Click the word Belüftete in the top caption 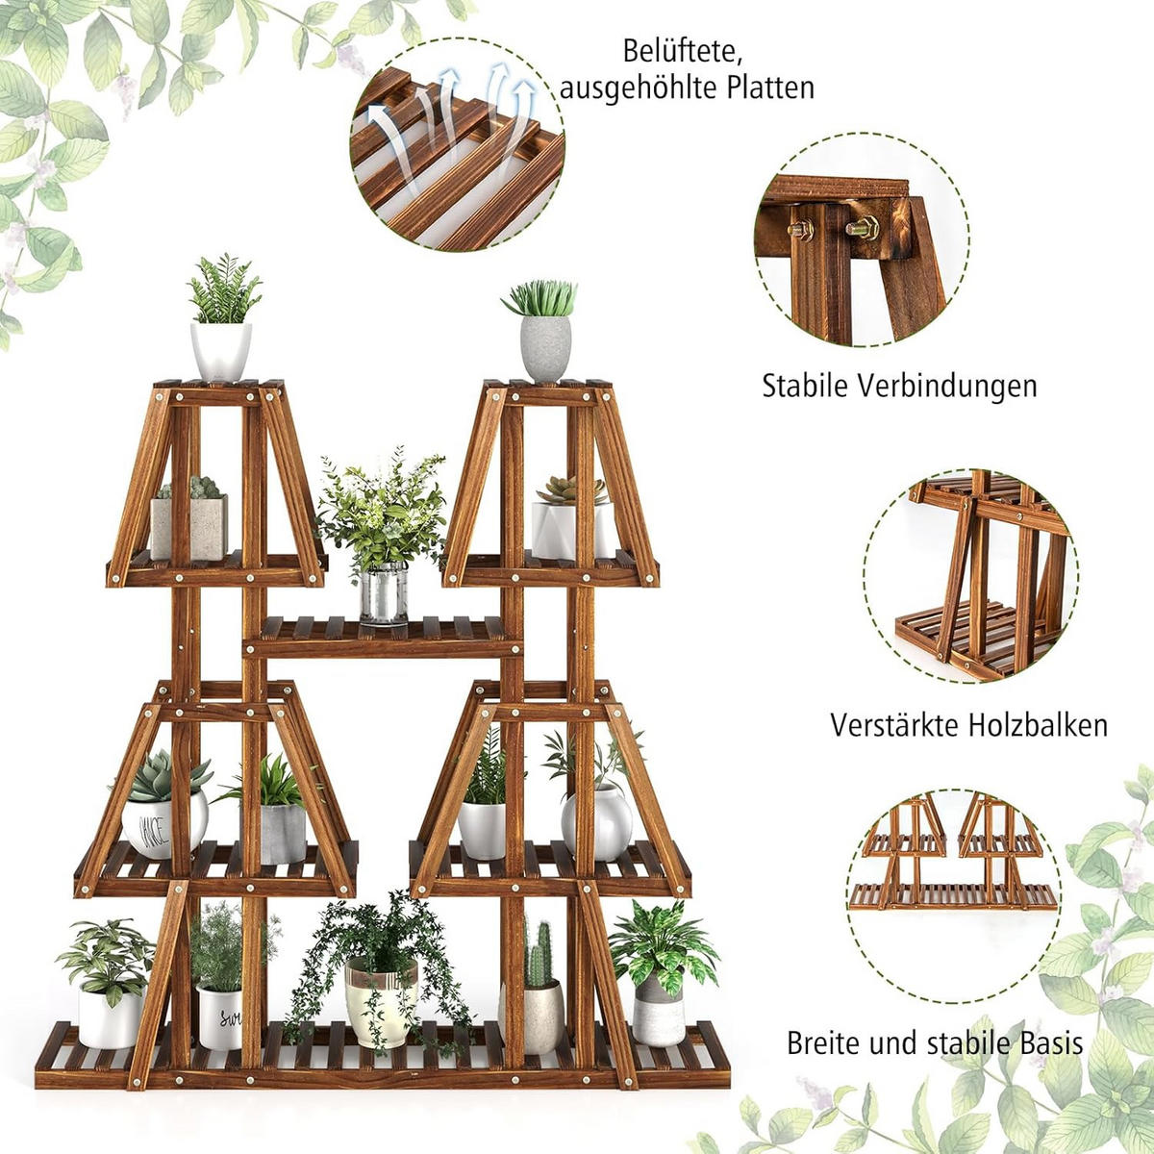coord(681,50)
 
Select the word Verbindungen coord(947,387)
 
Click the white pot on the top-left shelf coord(220,350)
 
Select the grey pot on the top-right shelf coord(546,348)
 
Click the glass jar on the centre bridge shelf coord(384,594)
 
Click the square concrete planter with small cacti coord(189,526)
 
